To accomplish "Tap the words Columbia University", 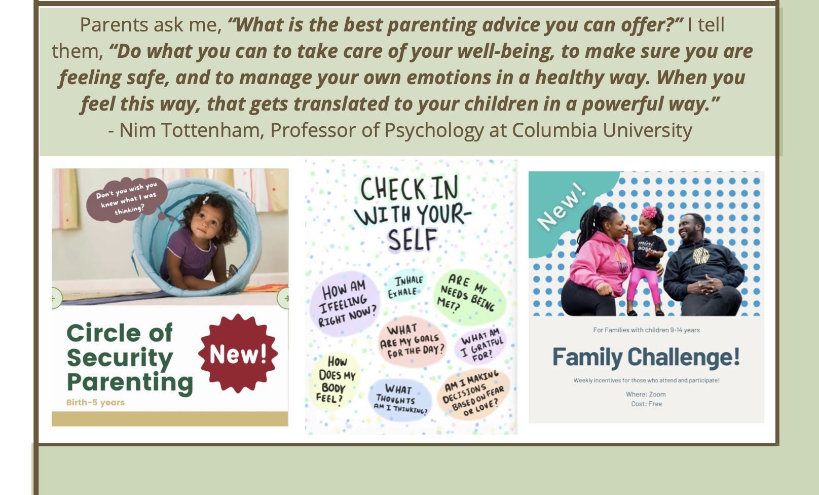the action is pos(602,130).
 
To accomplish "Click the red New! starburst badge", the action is pos(238,353).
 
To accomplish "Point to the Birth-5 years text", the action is pos(95,402).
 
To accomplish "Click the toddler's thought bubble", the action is pos(127,200).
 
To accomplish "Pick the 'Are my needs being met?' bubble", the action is pos(469,296).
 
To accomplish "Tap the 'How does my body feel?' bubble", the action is pos(334,380).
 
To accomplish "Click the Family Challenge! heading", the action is pos(646,357).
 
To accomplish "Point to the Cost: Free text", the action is pos(646,404).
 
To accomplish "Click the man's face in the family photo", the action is pos(689,230).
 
